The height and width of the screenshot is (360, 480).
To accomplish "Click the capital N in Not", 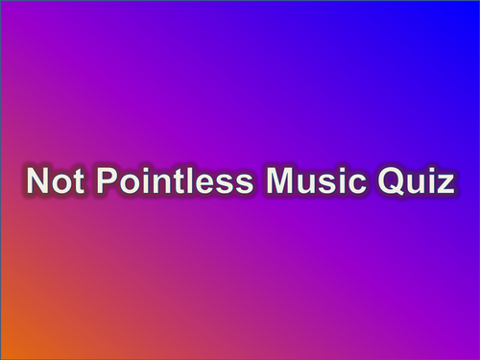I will coord(36,181).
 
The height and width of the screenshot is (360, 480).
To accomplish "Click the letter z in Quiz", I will coord(443,184).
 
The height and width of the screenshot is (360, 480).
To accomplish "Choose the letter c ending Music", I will coord(351,184).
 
